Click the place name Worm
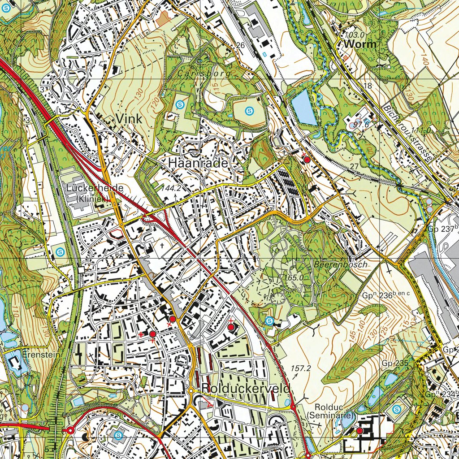point(360,44)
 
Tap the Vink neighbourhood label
point(129,119)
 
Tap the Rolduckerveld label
point(247,388)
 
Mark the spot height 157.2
point(301,368)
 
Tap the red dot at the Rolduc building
point(359,431)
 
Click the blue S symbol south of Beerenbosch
point(269,320)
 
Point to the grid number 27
point(354,166)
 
